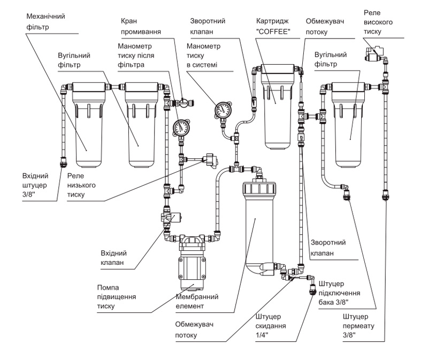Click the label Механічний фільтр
45,21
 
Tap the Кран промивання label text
141,26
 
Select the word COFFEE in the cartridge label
273,32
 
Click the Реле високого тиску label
378,22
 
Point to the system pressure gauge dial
223,110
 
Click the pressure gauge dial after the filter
181,127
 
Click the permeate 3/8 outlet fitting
385,195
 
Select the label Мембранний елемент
197,301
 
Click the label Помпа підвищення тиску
117,297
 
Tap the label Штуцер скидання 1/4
271,326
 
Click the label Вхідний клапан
113,258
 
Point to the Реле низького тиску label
81,185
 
